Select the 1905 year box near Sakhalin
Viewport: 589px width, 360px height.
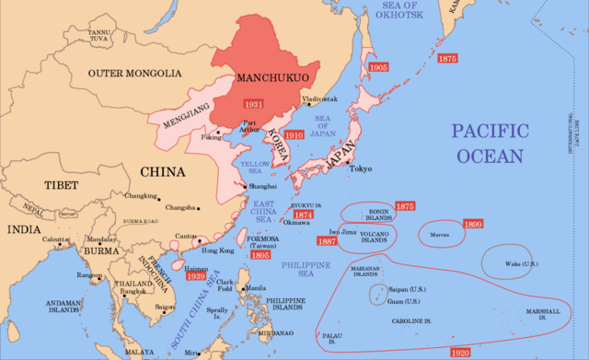pos(377,67)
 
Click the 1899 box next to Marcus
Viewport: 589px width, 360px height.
pos(473,225)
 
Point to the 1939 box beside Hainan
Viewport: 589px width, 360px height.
pos(194,275)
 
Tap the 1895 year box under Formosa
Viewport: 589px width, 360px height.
pos(260,255)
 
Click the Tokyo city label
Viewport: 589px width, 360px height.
pos(360,168)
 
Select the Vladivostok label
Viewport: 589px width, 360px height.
pos(319,99)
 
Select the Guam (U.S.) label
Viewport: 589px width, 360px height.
pos(403,302)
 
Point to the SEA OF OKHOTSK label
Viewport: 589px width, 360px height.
pos(401,12)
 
